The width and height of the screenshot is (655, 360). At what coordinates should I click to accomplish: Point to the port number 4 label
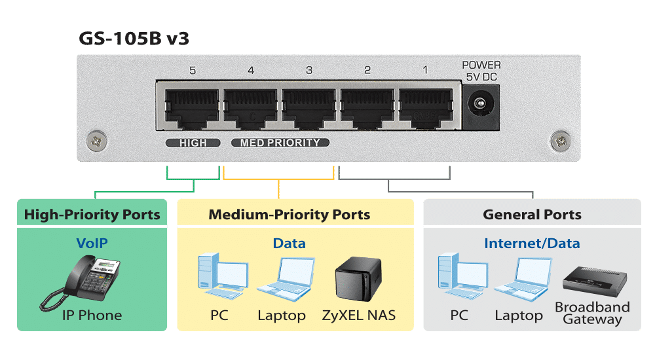[251, 70]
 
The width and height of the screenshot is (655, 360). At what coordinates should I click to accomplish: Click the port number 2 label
[367, 70]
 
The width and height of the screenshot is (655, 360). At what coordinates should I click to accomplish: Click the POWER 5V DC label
[481, 71]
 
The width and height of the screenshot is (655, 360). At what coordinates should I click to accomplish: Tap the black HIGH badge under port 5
[192, 143]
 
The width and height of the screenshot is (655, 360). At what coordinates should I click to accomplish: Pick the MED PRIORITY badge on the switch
[280, 143]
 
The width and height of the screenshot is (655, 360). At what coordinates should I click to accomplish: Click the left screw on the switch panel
[97, 139]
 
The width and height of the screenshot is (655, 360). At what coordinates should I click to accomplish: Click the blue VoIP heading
[92, 243]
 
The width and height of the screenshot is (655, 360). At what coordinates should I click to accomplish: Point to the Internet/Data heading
[532, 243]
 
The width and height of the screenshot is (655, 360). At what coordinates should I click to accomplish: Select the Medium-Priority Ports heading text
[289, 215]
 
